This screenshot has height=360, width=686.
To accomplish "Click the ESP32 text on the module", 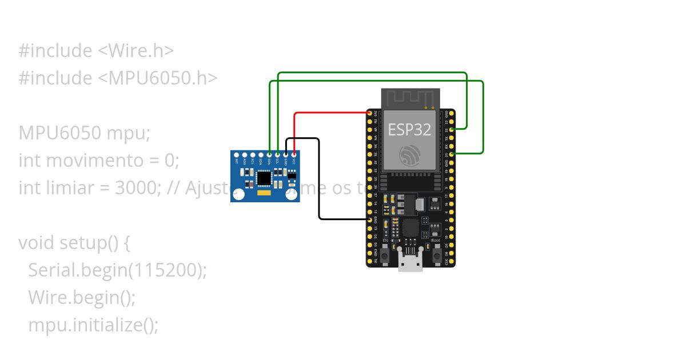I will pos(409,129).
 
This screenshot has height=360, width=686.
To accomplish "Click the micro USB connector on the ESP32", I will pos(410,264).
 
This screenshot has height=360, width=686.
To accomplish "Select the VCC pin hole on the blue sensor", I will pos(294,154).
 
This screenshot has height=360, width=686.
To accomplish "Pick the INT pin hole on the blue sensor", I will pos(237,154).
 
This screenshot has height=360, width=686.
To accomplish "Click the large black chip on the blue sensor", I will pos(264,178).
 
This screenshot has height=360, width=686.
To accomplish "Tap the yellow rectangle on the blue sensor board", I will pos(264,194).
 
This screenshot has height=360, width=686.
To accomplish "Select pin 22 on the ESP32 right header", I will pos(452,130).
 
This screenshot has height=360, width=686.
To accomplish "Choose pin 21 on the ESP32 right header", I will pos(452,154).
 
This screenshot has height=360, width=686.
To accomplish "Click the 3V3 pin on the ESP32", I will pos(370,114).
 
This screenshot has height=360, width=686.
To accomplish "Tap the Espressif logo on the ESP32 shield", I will pos(410,154).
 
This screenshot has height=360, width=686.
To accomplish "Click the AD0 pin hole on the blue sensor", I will pos(245,154).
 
